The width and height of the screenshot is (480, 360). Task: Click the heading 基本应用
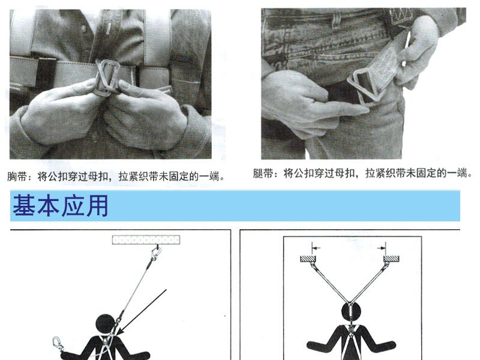(61, 205)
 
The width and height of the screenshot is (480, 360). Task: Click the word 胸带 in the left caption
(17, 176)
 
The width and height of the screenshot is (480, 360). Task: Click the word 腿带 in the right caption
(263, 173)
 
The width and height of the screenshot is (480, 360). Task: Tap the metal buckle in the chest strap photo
(106, 77)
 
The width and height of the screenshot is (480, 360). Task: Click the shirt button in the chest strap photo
(83, 29)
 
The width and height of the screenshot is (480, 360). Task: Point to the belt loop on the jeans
(337, 19)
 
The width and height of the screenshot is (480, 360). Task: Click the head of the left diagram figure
(106, 324)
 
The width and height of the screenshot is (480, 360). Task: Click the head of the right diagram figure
(351, 312)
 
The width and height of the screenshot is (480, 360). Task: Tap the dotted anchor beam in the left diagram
(146, 239)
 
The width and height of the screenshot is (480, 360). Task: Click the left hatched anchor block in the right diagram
(308, 259)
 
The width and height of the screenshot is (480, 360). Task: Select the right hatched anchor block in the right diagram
(391, 259)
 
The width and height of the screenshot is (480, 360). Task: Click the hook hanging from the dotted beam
(156, 253)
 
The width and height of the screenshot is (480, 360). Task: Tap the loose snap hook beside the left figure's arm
(58, 343)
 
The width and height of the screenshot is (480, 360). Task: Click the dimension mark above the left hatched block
(316, 247)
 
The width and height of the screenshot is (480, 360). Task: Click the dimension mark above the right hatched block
(382, 247)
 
